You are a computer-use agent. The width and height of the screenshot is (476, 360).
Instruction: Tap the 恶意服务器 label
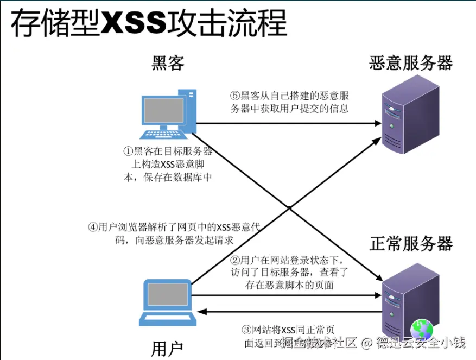[411, 63]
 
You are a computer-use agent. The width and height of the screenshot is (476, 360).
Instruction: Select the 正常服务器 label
[411, 243]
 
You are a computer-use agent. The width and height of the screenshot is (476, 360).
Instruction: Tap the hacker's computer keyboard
[162, 134]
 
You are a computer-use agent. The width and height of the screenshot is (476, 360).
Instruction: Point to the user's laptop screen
[166, 296]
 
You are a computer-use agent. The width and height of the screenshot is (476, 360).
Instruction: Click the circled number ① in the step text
[128, 151]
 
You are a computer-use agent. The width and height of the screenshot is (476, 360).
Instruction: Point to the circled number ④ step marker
[93, 228]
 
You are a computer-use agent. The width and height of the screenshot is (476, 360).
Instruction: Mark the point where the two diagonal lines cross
[291, 207]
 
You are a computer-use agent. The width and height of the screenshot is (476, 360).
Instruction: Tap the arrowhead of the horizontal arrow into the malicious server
[378, 123]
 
